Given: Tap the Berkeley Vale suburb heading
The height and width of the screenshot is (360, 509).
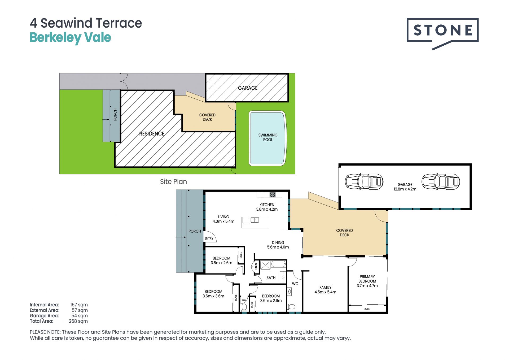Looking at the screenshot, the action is click(70, 38).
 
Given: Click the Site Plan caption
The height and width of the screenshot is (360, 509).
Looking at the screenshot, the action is click(173, 182).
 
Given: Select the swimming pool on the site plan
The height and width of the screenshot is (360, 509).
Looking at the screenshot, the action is click(268, 138).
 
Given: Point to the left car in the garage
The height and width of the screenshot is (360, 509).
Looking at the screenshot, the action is click(364, 182).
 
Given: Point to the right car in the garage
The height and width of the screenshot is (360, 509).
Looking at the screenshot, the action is click(441, 182).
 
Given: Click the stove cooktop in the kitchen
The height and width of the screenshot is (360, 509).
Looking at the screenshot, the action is click(273, 195).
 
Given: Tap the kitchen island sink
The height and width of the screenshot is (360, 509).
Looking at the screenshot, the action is click(255, 220).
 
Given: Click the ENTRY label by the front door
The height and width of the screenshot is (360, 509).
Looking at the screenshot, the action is click(209, 238).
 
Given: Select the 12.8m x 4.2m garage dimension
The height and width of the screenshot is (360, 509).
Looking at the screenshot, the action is click(405, 189).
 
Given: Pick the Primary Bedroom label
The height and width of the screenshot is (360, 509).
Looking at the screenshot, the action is click(367, 279).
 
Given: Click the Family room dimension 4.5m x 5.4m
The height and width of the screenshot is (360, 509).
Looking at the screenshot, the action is click(325, 292).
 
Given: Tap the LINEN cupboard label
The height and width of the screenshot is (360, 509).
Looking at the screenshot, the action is click(256, 266).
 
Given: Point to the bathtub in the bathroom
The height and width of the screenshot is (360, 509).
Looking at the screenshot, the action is click(279, 264).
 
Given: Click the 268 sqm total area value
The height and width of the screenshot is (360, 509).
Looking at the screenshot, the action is click(78, 321).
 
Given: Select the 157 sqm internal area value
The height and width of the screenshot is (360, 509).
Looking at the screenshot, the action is click(79, 305).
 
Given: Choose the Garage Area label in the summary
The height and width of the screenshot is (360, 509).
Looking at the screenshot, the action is click(44, 316).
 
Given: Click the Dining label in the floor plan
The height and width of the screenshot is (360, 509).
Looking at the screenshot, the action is click(278, 242).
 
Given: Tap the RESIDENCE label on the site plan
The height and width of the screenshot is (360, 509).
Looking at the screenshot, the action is click(152, 134).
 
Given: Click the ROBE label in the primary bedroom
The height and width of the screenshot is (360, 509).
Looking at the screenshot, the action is click(367, 309).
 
